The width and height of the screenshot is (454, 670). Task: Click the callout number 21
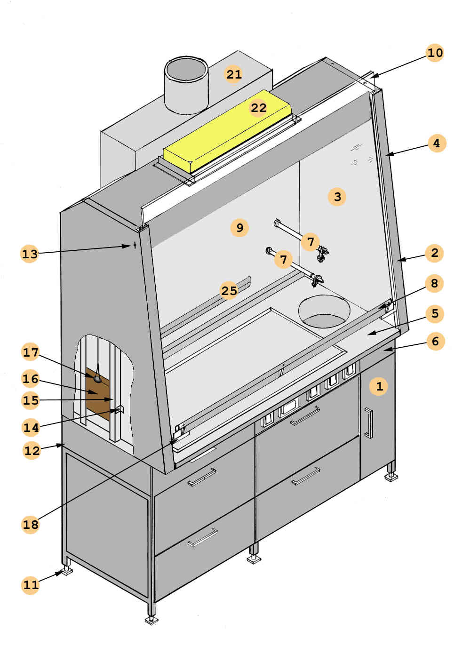(x=234, y=74)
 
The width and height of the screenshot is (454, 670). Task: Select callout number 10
(x=435, y=52)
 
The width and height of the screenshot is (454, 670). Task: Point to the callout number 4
(x=437, y=143)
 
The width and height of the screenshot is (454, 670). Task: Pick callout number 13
(x=30, y=254)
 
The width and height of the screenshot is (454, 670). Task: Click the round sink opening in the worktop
(x=325, y=311)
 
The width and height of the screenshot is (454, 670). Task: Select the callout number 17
(x=31, y=352)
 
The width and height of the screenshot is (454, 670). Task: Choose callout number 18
(x=31, y=524)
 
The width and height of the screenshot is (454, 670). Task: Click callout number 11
(x=31, y=585)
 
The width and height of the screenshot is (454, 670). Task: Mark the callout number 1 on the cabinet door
(x=379, y=386)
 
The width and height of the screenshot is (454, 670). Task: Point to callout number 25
(x=229, y=291)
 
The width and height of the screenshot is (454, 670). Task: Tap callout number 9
(x=240, y=228)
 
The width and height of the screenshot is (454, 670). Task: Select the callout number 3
(x=337, y=196)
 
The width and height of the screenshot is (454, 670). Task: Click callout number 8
(x=434, y=283)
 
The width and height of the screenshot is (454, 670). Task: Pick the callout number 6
(x=435, y=341)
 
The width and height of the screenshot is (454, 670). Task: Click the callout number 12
(x=32, y=450)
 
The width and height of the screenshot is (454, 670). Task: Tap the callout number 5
(x=435, y=313)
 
